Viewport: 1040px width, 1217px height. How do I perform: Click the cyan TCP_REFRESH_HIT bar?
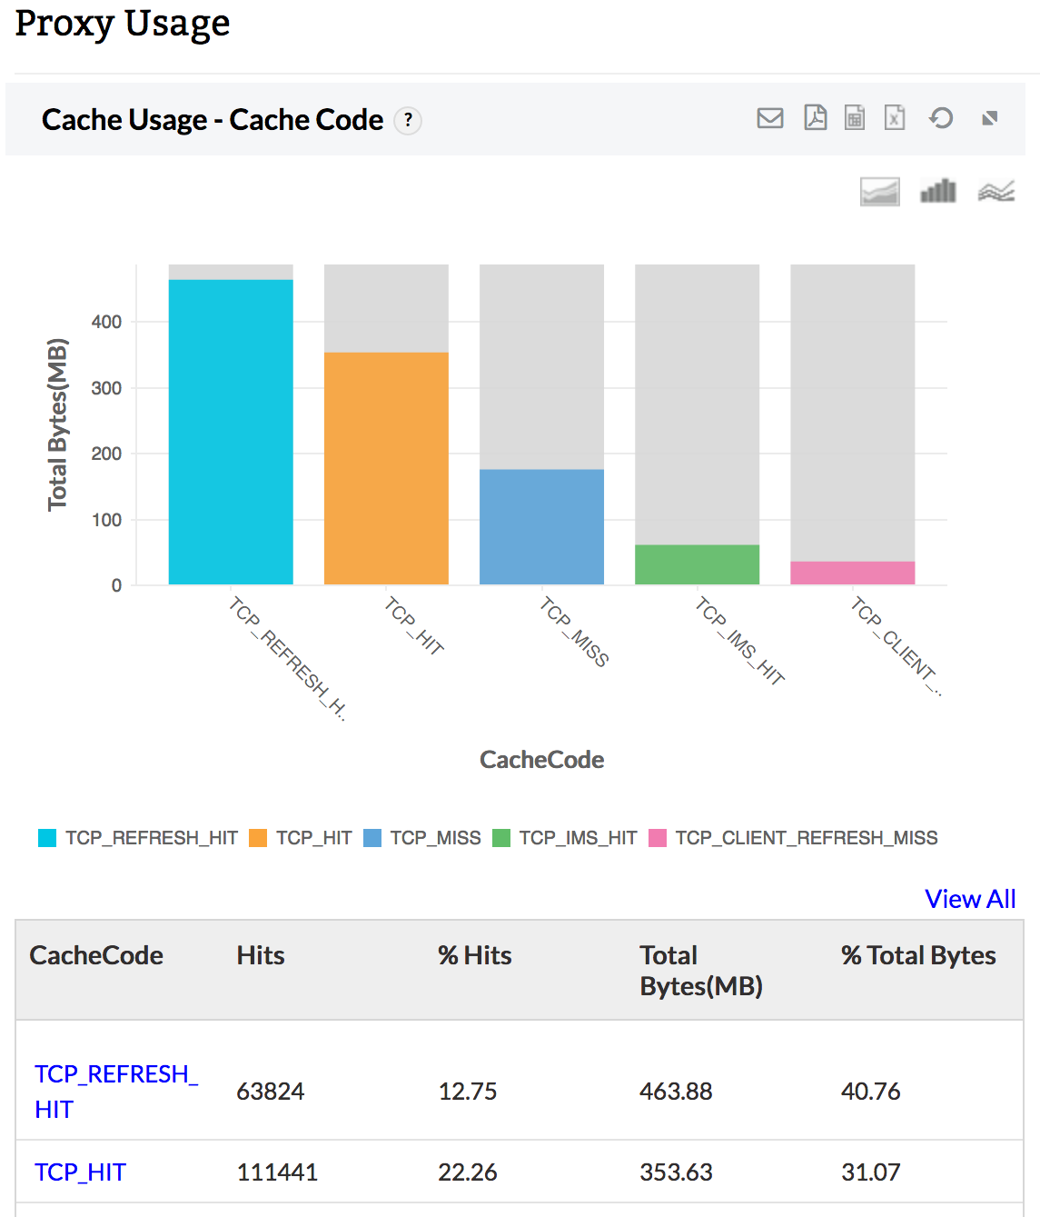231,432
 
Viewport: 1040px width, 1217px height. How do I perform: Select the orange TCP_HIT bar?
386,468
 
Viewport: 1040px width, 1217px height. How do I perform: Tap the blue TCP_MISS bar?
541,527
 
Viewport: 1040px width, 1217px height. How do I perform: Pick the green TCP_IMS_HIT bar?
697,564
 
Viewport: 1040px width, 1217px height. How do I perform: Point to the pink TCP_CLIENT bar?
852,573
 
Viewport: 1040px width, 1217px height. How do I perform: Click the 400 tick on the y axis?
106,322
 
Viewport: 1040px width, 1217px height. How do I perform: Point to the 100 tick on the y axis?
106,520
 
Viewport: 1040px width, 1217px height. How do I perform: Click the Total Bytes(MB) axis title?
57,424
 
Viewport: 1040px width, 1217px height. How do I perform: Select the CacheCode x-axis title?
541,760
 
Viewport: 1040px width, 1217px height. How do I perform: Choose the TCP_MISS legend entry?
422,838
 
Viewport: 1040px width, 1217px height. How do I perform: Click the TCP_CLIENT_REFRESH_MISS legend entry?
794,838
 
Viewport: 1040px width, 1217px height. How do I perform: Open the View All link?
970,899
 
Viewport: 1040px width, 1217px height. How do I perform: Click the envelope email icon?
770,118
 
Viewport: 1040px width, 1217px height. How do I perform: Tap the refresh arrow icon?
941,118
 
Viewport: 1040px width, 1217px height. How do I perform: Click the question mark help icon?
408,120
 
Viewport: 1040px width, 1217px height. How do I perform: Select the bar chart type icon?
938,191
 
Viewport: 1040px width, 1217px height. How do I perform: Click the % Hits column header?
474,955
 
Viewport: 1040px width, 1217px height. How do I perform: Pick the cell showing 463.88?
676,1091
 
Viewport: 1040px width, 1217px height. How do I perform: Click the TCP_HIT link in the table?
80,1172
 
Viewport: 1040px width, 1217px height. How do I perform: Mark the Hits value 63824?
271,1091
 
